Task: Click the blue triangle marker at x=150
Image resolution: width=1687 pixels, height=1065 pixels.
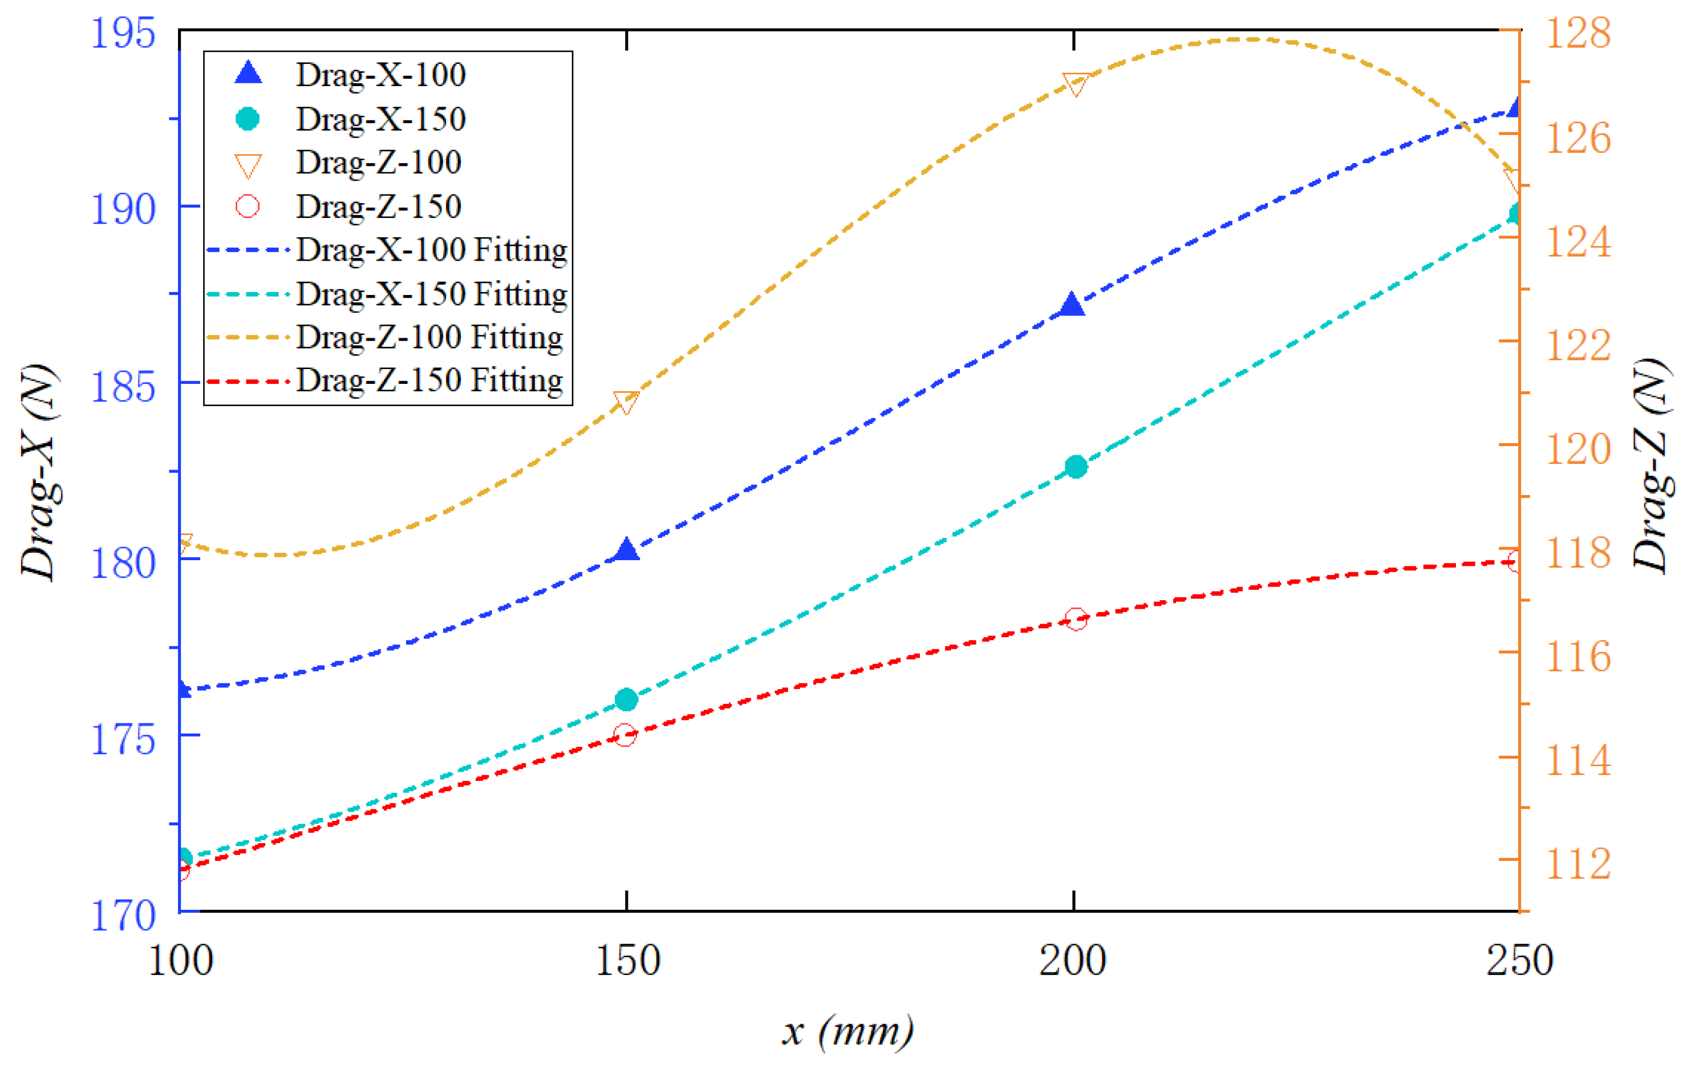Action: click(x=626, y=550)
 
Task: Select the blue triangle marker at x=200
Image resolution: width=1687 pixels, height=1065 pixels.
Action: click(x=1071, y=306)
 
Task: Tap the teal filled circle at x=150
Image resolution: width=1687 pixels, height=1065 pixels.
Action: click(x=626, y=699)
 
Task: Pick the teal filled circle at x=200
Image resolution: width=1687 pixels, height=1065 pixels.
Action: click(x=1076, y=467)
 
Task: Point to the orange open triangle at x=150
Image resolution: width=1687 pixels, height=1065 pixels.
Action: click(x=625, y=402)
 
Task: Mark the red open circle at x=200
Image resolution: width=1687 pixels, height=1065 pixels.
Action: click(x=1076, y=619)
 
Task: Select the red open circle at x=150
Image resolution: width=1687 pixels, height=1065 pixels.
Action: click(x=625, y=735)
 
